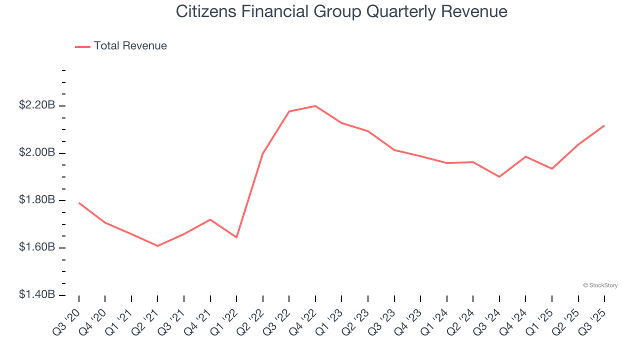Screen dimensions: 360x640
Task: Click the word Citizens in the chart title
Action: (205, 11)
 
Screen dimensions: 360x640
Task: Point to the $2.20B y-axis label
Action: (37, 105)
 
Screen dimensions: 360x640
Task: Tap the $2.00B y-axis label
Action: (37, 152)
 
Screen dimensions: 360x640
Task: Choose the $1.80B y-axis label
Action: (37, 200)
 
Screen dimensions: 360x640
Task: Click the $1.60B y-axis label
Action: (37, 247)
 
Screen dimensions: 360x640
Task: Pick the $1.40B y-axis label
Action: (37, 295)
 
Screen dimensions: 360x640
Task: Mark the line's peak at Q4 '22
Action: (315, 106)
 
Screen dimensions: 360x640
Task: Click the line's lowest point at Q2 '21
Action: (157, 246)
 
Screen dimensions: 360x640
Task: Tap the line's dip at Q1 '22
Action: (236, 237)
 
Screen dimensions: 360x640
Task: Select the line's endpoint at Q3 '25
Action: (604, 125)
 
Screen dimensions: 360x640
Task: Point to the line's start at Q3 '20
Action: (79, 203)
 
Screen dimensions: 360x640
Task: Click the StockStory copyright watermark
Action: (600, 285)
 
